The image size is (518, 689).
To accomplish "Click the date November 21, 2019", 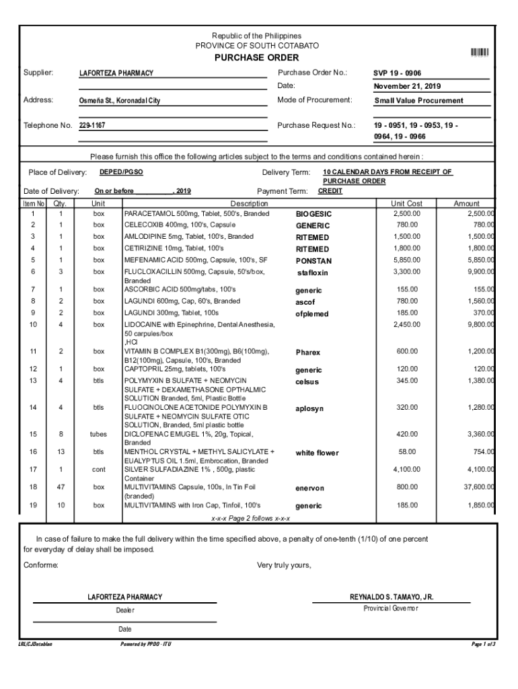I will (x=407, y=87).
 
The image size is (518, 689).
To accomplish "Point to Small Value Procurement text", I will (x=418, y=101).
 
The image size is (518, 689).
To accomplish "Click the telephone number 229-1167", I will (x=92, y=126).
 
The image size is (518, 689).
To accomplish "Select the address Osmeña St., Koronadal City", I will (x=120, y=101).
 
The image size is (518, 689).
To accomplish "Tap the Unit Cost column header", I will (x=406, y=203).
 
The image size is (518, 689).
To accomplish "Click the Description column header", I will (x=249, y=203).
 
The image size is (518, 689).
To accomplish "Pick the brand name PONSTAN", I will (x=313, y=261).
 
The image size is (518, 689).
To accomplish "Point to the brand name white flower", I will (x=317, y=454).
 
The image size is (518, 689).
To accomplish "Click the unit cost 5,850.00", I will (x=406, y=260).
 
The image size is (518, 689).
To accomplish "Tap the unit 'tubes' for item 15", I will (x=99, y=434).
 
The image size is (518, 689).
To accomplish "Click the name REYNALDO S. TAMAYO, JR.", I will (x=392, y=597).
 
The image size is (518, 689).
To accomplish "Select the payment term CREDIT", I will (x=330, y=191).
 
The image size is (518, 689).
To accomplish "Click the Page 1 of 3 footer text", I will (x=484, y=645).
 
